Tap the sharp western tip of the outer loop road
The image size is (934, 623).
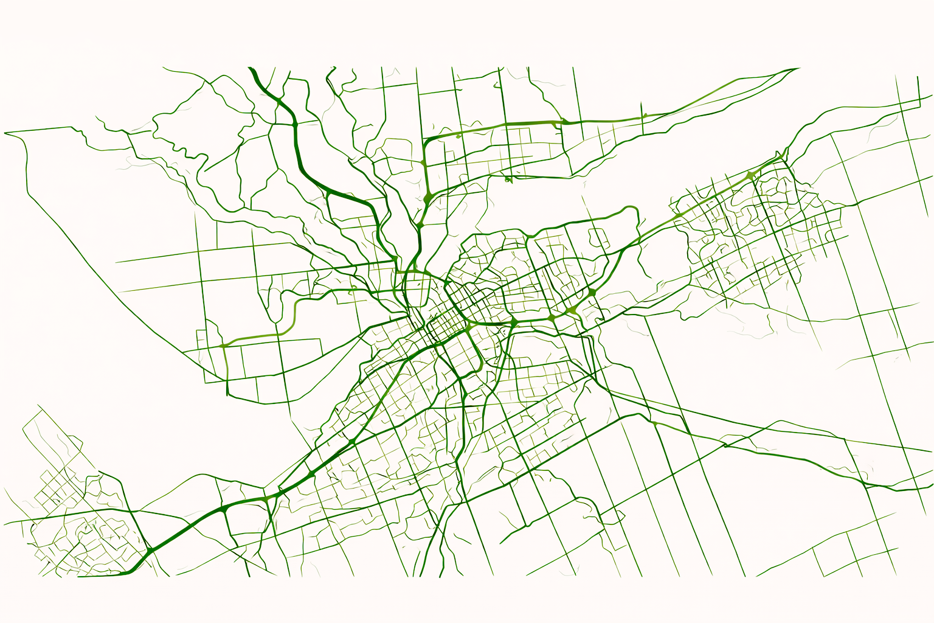[x=5, y=133]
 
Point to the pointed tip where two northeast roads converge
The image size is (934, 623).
[x=798, y=69]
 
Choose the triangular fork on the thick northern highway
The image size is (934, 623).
[x=328, y=193]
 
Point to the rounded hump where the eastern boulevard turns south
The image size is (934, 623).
[x=632, y=210]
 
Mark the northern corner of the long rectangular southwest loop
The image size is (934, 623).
[x=38, y=406]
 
